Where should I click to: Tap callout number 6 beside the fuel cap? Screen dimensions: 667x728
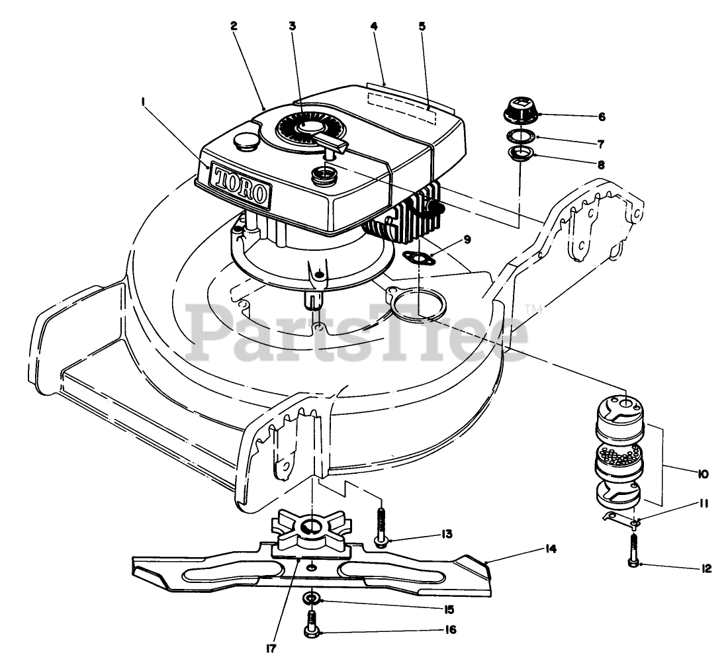click(x=602, y=116)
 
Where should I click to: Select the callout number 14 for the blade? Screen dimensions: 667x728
click(x=551, y=549)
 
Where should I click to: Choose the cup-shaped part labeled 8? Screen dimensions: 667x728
click(x=520, y=156)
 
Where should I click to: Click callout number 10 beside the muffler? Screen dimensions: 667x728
click(x=702, y=474)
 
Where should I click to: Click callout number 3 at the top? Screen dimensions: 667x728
click(x=292, y=26)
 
